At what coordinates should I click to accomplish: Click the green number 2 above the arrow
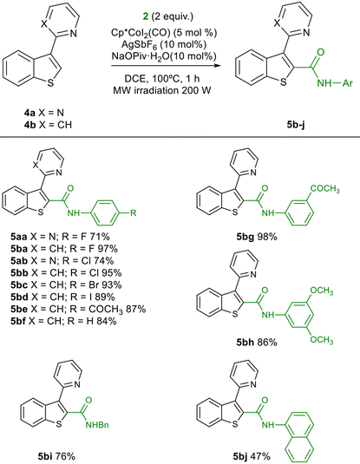tap(146, 16)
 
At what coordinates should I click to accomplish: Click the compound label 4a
tap(29, 113)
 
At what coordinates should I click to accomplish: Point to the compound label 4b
tap(29, 125)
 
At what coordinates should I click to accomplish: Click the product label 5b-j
tap(296, 125)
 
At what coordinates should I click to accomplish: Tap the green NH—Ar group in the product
tap(335, 83)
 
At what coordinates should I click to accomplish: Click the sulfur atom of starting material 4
tap(50, 83)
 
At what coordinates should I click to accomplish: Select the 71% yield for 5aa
tap(101, 237)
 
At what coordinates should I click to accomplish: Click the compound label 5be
tap(19, 309)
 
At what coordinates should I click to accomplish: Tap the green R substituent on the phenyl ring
tap(134, 212)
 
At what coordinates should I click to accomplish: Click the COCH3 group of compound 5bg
tap(325, 189)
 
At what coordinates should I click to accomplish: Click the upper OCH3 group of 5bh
tap(322, 291)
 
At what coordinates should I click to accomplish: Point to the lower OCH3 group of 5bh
tap(322, 340)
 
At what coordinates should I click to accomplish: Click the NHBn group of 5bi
tap(97, 425)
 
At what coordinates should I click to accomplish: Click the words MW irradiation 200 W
tap(162, 90)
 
